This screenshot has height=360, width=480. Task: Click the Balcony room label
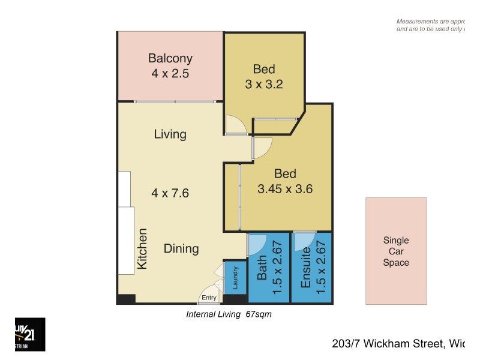[x=170, y=59]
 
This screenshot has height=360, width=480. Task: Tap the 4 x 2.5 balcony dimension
[x=170, y=74]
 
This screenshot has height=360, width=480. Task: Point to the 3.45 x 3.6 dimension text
[x=285, y=189]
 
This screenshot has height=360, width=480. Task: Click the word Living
[x=170, y=134]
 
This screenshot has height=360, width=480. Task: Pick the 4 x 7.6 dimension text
[x=170, y=193]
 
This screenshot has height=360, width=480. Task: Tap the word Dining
[x=181, y=248]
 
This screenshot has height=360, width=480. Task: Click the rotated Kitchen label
[x=143, y=248]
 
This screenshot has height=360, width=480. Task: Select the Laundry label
[x=235, y=277]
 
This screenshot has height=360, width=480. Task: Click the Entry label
[x=209, y=298]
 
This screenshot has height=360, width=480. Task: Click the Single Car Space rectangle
[x=396, y=251]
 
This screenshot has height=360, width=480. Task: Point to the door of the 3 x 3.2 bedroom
[x=235, y=124]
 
